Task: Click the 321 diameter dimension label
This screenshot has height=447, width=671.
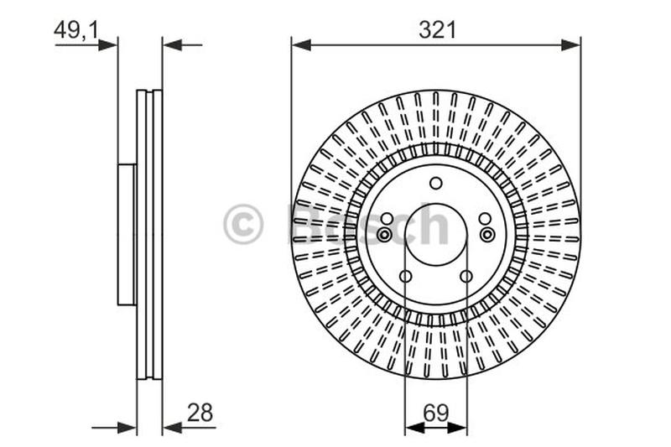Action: click(436, 30)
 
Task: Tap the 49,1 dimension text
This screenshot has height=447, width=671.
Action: click(76, 30)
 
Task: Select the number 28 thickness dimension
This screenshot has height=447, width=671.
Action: click(200, 412)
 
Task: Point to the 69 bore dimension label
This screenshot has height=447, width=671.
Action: click(435, 412)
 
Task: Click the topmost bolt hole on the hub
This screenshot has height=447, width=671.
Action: click(435, 184)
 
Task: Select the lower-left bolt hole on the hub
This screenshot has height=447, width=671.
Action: click(406, 277)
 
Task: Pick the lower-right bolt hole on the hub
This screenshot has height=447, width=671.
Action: click(466, 277)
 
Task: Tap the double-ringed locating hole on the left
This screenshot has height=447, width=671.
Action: click(384, 235)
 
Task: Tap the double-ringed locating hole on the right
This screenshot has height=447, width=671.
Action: click(487, 235)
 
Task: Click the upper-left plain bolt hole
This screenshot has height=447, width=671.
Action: click(387, 219)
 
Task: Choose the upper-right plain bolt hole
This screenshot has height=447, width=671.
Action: click(485, 219)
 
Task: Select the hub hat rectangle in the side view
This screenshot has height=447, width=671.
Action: click(127, 235)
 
